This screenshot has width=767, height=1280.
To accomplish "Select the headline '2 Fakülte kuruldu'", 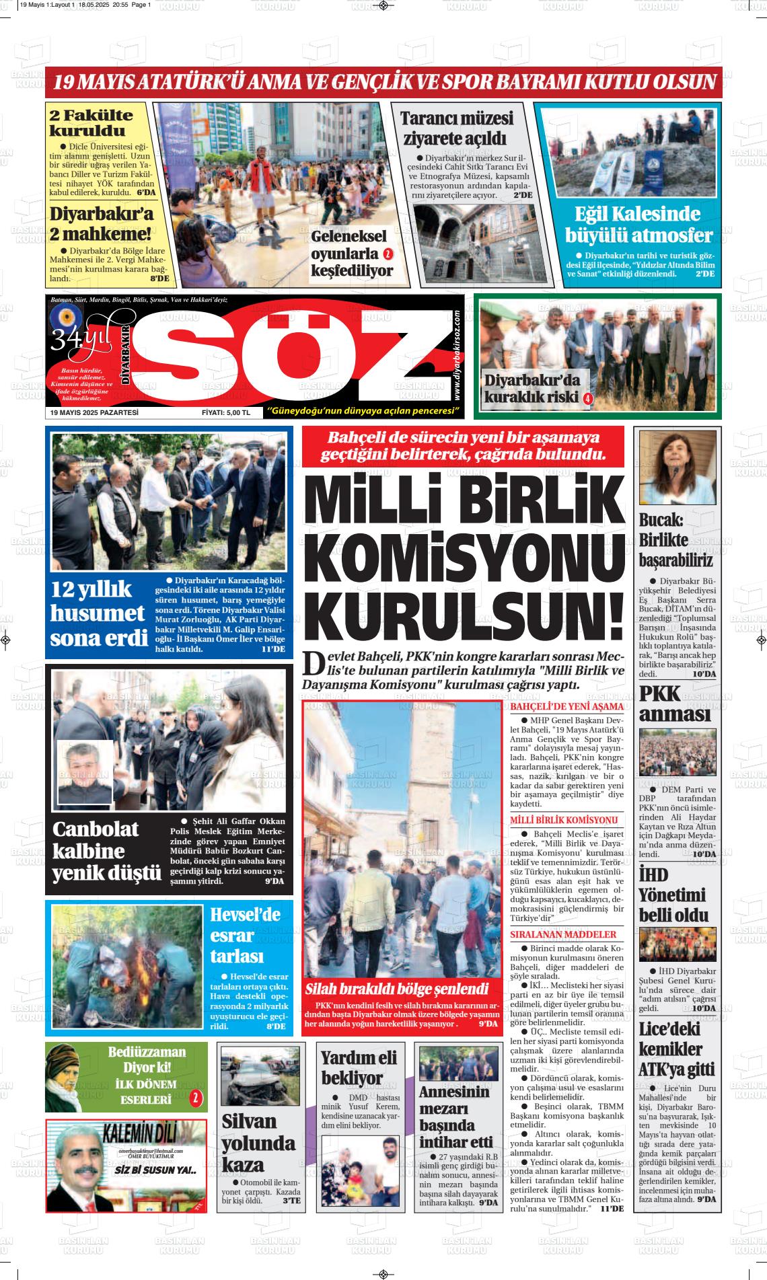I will [91, 122].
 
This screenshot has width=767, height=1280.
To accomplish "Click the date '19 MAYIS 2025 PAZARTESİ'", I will [94, 412].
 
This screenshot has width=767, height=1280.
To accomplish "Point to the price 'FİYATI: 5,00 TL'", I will [225, 412].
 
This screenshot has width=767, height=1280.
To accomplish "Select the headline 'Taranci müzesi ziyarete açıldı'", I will [457, 128].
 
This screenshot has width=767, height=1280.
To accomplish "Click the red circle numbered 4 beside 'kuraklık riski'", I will [587, 398].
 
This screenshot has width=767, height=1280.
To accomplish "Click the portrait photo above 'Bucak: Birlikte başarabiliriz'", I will [678, 468].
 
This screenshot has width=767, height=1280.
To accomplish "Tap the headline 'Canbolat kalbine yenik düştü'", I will [106, 851].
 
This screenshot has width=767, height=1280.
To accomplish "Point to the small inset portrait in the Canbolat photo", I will [85, 773].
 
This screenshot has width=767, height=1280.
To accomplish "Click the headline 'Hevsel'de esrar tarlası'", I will [246, 935].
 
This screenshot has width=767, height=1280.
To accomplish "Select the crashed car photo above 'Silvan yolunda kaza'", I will [260, 1076].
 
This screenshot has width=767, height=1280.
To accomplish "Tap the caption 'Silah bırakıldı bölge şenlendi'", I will [397, 989].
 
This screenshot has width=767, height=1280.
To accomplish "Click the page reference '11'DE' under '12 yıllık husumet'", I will [273, 650].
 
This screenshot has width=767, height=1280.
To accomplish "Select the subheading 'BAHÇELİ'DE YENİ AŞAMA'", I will [567, 708].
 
